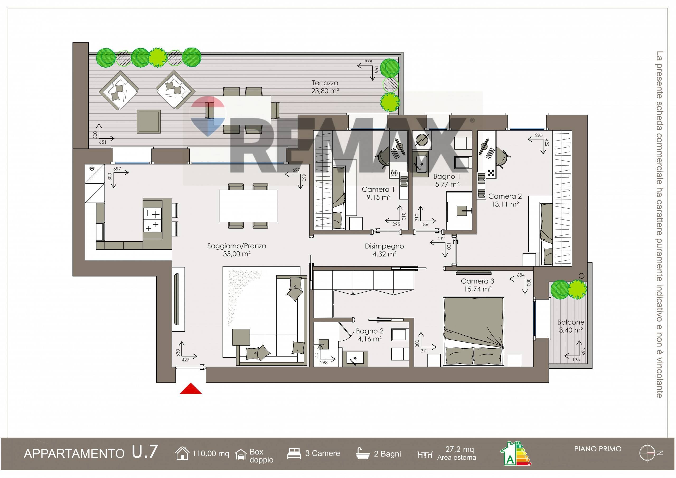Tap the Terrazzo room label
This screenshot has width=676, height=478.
(x=325, y=83)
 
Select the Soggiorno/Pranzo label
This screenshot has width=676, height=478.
(x=237, y=246)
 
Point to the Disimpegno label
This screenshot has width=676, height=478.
(x=384, y=246)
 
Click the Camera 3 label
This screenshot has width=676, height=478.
(x=477, y=281)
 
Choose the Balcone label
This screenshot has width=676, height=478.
(x=571, y=322)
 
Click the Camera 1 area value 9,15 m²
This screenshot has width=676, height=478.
(x=378, y=197)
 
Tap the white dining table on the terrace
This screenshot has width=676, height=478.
(x=242, y=110)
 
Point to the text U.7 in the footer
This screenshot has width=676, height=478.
(x=145, y=452)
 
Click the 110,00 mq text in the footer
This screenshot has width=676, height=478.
(x=211, y=453)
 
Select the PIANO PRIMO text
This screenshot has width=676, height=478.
(x=598, y=449)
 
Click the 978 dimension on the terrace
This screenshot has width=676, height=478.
(x=368, y=62)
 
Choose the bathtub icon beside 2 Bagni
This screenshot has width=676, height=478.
(x=363, y=453)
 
